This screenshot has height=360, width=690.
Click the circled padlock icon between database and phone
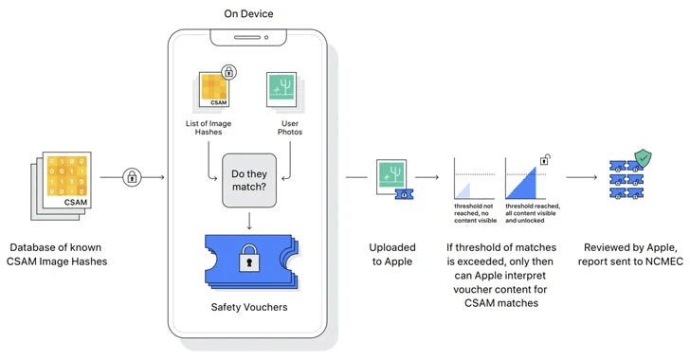point(131,176)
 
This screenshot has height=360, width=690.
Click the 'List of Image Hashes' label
point(210,129)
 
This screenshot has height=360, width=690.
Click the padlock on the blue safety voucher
point(249,260)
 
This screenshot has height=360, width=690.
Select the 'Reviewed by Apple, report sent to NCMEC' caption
point(632,253)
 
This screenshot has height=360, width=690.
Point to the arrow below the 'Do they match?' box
point(249,221)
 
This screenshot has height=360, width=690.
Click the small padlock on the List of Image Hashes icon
point(228,72)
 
